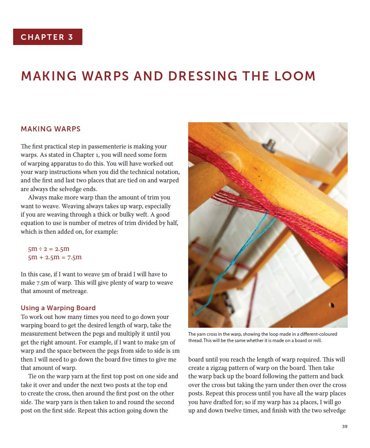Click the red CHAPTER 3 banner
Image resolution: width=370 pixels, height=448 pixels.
pos(47,37)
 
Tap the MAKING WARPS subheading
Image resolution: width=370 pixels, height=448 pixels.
pos(51,129)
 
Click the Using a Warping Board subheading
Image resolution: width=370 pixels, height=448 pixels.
pos(58,308)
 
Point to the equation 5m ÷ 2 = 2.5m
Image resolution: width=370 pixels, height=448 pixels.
pos(49,248)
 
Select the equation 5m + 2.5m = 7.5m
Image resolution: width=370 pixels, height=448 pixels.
pos(55,257)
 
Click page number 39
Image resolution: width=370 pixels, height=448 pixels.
pos(345,427)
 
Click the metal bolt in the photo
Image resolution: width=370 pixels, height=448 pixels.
pos(271,144)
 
